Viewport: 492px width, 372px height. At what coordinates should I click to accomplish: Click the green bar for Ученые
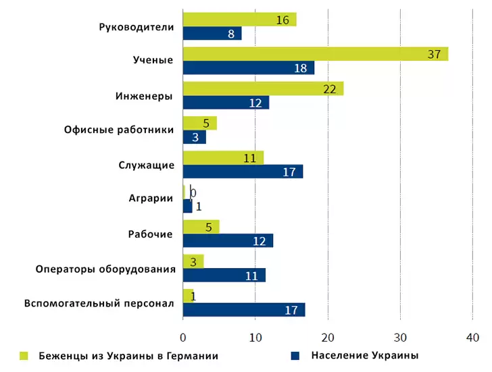point(315,54)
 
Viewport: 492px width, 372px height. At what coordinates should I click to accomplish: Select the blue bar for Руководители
point(212,34)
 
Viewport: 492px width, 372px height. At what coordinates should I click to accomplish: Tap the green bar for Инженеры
point(263,88)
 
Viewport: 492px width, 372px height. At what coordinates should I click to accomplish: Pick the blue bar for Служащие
point(243,171)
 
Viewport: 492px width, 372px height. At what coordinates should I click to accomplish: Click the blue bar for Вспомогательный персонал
point(244,310)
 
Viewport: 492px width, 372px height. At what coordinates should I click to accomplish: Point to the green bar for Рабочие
point(201,227)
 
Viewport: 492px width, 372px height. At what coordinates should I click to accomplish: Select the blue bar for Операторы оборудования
point(224,275)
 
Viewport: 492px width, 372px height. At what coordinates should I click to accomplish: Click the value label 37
point(434,54)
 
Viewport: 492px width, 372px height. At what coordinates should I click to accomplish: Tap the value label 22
point(330,89)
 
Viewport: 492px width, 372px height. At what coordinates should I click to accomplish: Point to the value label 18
point(301,68)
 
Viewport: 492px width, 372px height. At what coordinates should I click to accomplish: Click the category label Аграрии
point(151,198)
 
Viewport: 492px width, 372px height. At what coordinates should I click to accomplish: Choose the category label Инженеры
point(144,95)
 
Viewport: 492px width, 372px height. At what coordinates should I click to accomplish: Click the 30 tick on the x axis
point(401,338)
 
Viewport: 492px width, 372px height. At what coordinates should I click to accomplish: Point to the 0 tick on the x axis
point(183,338)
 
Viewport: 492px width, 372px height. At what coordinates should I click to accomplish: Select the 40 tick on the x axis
point(473,338)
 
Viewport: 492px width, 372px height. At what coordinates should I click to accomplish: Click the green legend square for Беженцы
point(24,355)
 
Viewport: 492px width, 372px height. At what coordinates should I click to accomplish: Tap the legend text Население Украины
point(365,355)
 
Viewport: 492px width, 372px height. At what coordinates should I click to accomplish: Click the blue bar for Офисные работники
point(195,137)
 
